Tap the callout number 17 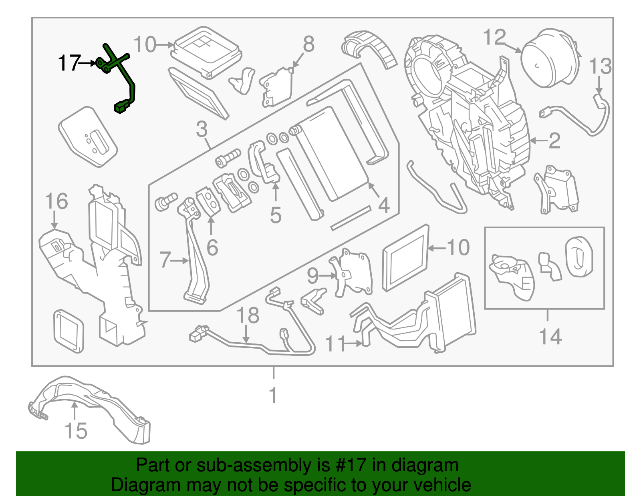point(69,63)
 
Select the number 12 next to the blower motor point(494,38)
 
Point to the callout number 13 point(600,66)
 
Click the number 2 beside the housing point(554,141)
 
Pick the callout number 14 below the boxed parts point(550,336)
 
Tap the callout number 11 point(335,343)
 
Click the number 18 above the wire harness point(248,315)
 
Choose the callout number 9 point(312,275)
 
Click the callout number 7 point(165,260)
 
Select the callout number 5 point(276,215)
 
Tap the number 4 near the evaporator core point(384,205)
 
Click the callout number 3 point(202,129)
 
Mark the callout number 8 point(308,44)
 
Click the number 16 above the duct point(56,201)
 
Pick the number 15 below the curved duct point(76,431)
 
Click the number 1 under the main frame point(273,396)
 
